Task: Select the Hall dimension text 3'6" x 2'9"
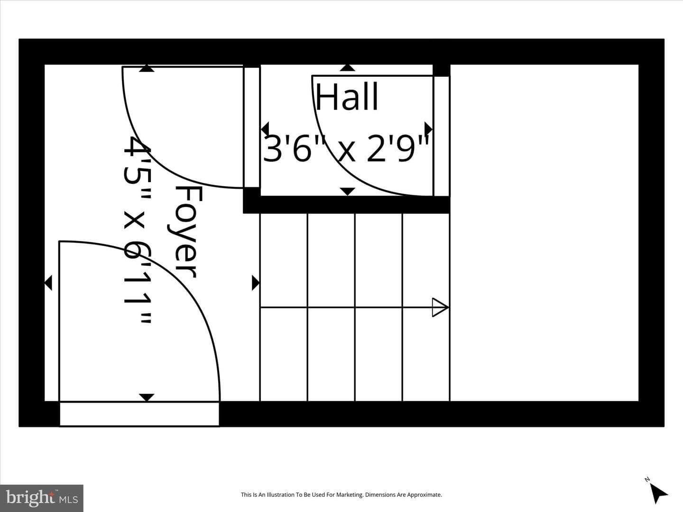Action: (346, 148)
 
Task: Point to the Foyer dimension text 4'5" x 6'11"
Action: (138, 230)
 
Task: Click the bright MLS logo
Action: (42, 498)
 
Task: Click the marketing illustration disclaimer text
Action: (341, 494)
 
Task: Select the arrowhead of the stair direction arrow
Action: (440, 308)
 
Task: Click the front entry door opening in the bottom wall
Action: (139, 414)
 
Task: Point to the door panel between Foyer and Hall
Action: (251, 127)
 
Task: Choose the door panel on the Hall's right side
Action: (442, 136)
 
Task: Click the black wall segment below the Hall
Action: (346, 204)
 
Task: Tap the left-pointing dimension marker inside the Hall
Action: (265, 128)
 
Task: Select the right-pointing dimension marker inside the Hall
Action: (429, 128)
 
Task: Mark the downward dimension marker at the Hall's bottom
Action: (348, 192)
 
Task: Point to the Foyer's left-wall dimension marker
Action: (48, 283)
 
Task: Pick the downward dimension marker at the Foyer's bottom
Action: (147, 397)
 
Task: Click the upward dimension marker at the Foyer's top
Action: (147, 68)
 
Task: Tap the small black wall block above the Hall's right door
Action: (442, 70)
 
